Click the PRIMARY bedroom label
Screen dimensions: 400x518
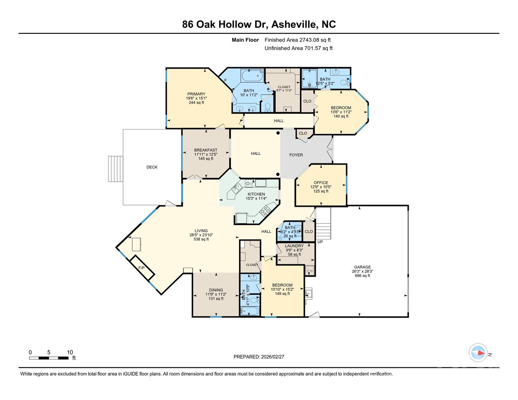(x=196, y=94)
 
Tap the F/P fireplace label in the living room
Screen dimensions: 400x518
(x=141, y=268)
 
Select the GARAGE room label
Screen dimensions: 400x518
(x=362, y=267)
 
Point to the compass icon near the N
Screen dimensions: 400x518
(x=478, y=353)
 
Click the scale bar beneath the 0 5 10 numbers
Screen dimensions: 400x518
(x=49, y=358)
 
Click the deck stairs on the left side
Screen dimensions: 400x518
(x=115, y=169)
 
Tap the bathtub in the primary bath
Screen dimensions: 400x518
(x=252, y=76)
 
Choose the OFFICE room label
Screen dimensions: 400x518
(x=321, y=183)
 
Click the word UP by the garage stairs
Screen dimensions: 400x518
(x=320, y=242)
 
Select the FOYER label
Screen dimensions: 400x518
(x=296, y=155)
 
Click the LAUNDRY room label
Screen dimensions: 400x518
(x=294, y=246)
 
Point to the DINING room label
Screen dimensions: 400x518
(x=216, y=290)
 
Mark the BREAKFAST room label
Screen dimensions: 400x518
(x=206, y=150)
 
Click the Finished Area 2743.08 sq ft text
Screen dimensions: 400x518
(x=297, y=40)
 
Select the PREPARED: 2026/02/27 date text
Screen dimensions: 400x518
(x=259, y=357)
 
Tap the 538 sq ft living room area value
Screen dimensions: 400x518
(x=201, y=239)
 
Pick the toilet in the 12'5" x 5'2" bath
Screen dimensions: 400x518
(x=345, y=82)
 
